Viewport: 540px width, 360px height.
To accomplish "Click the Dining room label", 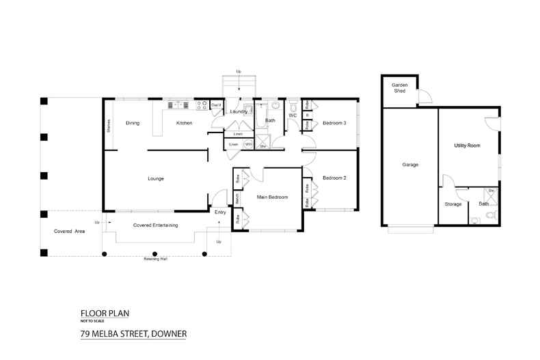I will (x=133, y=123).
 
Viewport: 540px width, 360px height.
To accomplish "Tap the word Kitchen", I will (x=184, y=123).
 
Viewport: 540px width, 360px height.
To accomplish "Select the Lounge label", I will (x=156, y=179).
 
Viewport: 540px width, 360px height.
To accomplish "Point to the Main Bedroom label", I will (x=273, y=197).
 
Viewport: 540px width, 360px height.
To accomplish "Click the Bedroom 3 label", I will (x=334, y=123).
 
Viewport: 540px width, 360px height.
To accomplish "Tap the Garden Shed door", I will (x=424, y=98).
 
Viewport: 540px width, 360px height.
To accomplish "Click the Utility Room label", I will (x=468, y=146).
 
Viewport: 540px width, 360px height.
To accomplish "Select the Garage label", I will (x=410, y=165).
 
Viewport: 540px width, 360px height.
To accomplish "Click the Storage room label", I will (x=453, y=204).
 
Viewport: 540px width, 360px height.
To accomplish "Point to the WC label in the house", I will (x=292, y=116).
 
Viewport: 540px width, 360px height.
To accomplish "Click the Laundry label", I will (x=239, y=111).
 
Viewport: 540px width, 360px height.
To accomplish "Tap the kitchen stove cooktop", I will (x=202, y=105).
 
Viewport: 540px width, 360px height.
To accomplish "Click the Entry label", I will (x=220, y=212).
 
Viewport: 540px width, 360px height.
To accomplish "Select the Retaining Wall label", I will (x=156, y=259).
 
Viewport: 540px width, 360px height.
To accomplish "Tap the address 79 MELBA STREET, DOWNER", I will (x=133, y=335).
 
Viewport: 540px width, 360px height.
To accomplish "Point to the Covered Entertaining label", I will (x=155, y=225).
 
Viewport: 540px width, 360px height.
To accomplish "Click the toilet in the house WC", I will (x=292, y=107).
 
